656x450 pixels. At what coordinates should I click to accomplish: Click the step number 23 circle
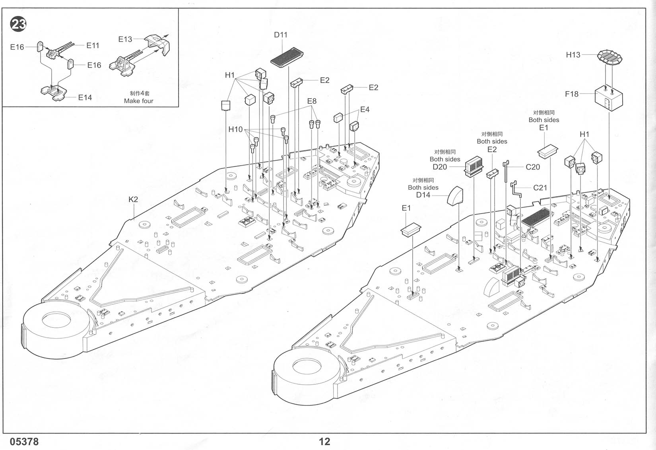click(x=18, y=24)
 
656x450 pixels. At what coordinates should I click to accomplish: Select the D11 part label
click(x=281, y=35)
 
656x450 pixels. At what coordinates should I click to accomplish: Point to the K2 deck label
click(x=133, y=199)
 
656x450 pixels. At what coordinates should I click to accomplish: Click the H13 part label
click(x=573, y=55)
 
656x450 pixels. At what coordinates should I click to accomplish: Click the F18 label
click(x=572, y=94)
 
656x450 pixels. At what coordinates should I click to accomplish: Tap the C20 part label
click(x=533, y=167)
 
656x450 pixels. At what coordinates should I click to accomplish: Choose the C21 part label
click(x=540, y=188)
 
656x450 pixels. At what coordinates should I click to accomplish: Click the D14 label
click(x=423, y=195)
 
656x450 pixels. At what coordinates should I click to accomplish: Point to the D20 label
click(x=440, y=167)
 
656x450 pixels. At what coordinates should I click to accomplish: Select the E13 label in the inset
click(x=125, y=39)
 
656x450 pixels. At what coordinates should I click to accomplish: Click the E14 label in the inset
click(x=85, y=97)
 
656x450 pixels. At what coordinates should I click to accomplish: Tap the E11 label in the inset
click(x=93, y=45)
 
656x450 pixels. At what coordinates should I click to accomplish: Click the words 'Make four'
click(x=138, y=101)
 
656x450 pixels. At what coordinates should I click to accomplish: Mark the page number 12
click(x=324, y=442)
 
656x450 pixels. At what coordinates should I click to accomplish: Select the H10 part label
click(x=235, y=129)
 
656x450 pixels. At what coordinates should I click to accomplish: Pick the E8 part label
click(x=312, y=101)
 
